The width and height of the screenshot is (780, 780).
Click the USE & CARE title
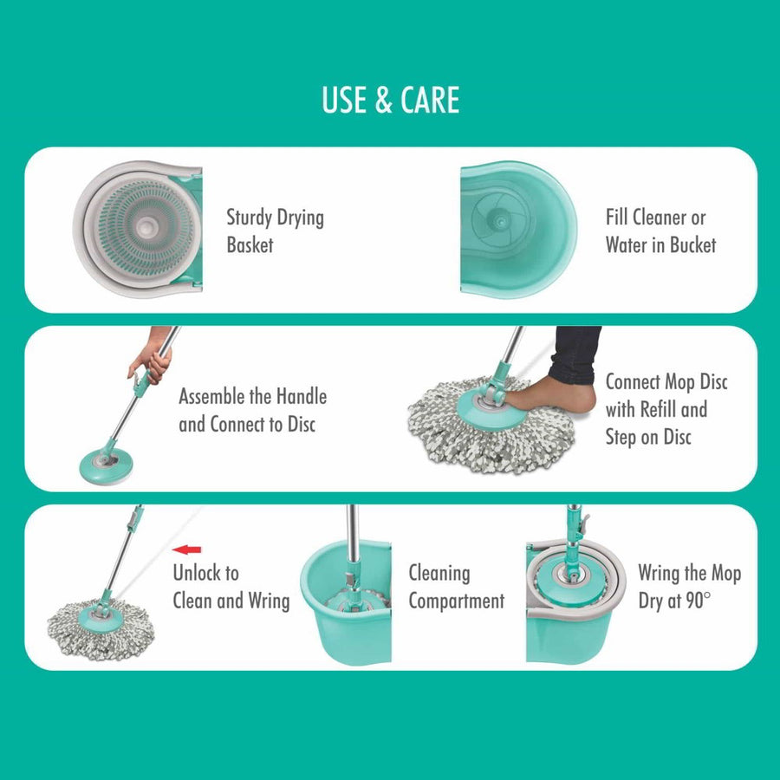point(390,101)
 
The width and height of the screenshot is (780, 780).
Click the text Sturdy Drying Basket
point(275,231)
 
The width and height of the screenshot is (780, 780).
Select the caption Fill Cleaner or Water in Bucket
point(660,231)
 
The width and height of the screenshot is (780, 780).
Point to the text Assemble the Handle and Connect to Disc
point(252,411)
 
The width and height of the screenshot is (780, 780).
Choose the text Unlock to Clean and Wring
point(231,587)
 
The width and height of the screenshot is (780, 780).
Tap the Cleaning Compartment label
point(456,587)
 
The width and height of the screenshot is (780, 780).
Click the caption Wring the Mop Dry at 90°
point(689,587)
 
